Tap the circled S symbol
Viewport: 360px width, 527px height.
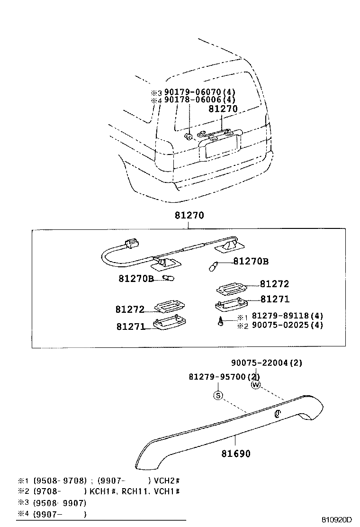point(218,396)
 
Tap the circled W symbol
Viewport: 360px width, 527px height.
point(256,385)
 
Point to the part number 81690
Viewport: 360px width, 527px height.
point(236,454)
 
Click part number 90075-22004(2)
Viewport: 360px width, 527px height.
point(267,363)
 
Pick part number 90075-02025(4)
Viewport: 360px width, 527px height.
point(287,325)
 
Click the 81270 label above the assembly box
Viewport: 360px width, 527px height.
point(189,215)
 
